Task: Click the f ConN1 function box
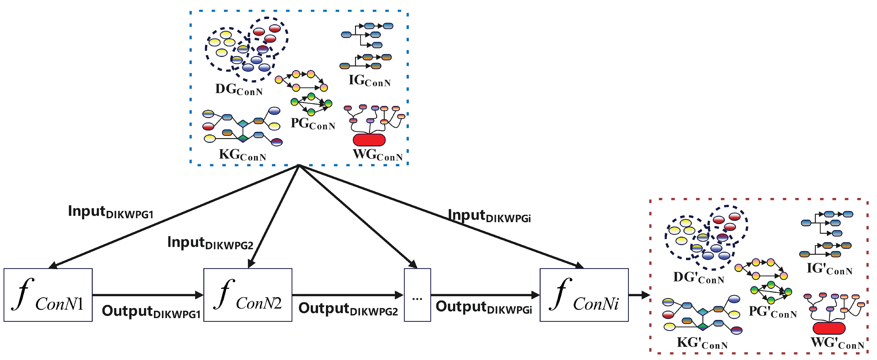[x=48, y=295]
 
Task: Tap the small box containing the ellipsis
[x=417, y=295]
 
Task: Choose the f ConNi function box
[x=584, y=295]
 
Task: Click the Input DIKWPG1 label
[x=111, y=212]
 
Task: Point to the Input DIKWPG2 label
[x=210, y=243]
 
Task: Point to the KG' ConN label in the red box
[x=702, y=343]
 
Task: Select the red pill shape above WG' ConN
[x=829, y=328]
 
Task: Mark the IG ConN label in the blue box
[x=369, y=81]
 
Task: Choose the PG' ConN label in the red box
[x=773, y=312]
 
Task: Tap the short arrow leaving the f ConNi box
[x=639, y=295]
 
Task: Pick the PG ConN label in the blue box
[x=313, y=124]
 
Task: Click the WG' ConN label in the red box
[x=837, y=343]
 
